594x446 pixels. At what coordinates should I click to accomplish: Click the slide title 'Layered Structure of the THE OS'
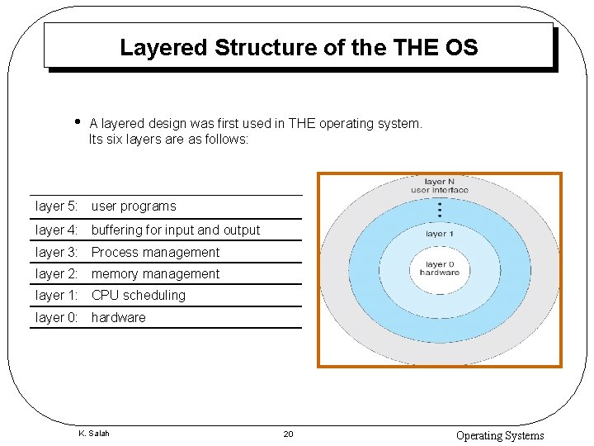[x=298, y=47]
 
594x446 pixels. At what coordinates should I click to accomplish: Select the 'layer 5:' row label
[x=57, y=206]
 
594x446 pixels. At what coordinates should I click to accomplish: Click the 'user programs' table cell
[x=134, y=206]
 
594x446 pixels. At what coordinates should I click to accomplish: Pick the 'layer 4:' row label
[x=57, y=230]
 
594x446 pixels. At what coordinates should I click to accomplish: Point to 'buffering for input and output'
[x=176, y=230]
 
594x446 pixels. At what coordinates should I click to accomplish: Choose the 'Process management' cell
[x=155, y=252]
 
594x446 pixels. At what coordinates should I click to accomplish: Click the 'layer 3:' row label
[x=57, y=252]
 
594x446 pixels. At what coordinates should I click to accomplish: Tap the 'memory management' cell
[x=155, y=273]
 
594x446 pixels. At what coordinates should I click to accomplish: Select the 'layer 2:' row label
[x=57, y=273]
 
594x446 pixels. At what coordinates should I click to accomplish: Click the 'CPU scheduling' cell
[x=139, y=295]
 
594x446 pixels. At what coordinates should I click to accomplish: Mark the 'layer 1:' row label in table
[x=57, y=295]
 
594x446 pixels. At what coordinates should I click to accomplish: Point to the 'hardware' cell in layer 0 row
[x=118, y=317]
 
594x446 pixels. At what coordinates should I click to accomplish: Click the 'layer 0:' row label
[x=57, y=317]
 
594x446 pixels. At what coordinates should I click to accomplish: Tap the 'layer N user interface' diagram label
[x=439, y=186]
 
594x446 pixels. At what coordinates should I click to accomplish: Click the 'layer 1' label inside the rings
[x=438, y=234]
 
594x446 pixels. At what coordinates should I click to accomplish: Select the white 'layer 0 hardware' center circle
[x=439, y=268]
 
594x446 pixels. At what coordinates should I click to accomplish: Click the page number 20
[x=288, y=434]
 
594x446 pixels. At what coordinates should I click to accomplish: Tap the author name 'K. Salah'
[x=93, y=434]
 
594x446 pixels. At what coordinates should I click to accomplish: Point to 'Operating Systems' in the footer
[x=500, y=435]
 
